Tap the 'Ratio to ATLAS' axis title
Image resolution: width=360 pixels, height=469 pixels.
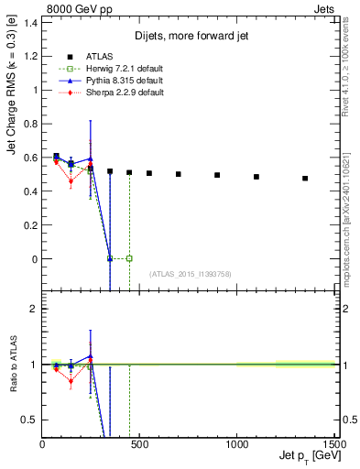click(x=13, y=366)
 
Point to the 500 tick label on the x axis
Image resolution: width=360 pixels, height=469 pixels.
click(x=139, y=445)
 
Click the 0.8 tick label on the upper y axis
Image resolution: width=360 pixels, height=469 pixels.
click(x=30, y=124)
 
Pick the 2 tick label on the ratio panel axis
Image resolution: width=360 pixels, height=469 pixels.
click(x=33, y=309)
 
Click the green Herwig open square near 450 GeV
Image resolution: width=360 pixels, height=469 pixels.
click(x=129, y=258)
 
